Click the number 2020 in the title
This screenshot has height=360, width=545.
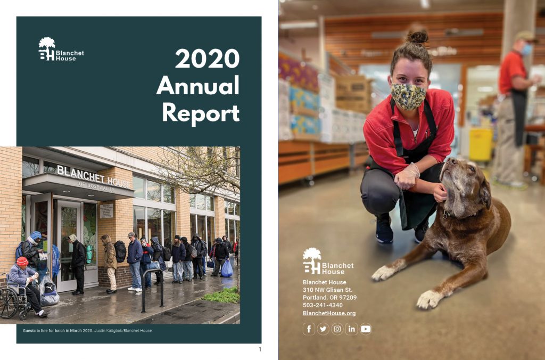207,59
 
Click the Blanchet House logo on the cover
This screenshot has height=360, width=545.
61,49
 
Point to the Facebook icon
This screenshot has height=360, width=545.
309,329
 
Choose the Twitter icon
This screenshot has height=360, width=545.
323,329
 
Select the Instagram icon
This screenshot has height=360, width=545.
337,329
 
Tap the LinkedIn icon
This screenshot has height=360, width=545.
351,329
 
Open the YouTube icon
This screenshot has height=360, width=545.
366,329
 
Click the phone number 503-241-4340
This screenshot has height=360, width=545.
323,305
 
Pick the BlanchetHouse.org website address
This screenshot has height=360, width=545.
329,313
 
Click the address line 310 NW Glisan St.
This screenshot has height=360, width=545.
327,290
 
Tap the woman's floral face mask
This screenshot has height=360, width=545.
408,96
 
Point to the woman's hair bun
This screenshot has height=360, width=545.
417,37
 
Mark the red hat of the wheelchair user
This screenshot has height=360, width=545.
22,261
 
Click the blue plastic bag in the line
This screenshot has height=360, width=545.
227,268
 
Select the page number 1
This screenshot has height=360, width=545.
260,349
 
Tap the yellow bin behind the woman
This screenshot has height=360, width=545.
481,144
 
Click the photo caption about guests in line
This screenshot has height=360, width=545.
87,330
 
